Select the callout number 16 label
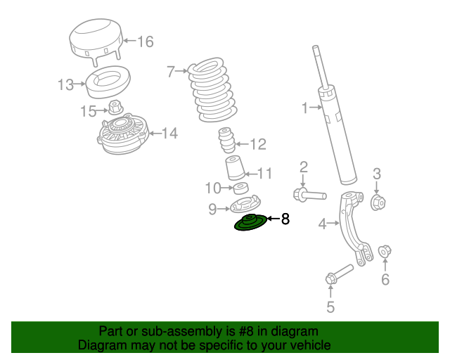144,42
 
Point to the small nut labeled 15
115,108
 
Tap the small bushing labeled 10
241,188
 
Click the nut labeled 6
385,251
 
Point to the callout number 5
330,307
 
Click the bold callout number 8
285,220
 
